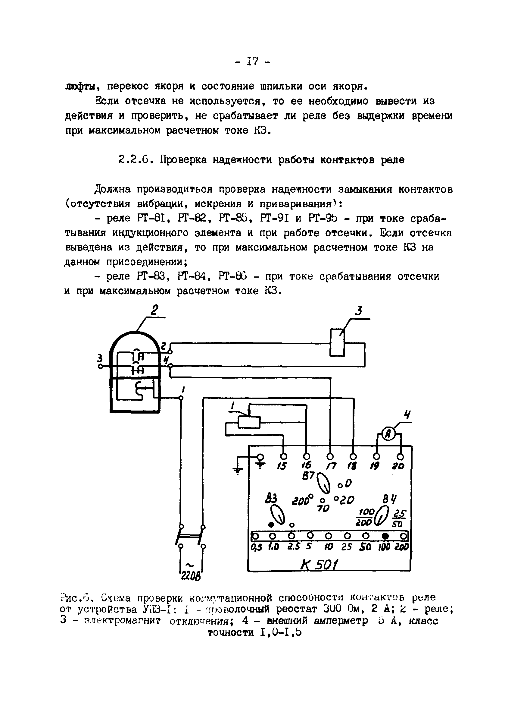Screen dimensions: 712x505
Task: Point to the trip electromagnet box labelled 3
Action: click(x=337, y=342)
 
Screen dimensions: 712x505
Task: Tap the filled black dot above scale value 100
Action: click(x=385, y=536)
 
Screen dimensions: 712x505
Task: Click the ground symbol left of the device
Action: click(x=238, y=471)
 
